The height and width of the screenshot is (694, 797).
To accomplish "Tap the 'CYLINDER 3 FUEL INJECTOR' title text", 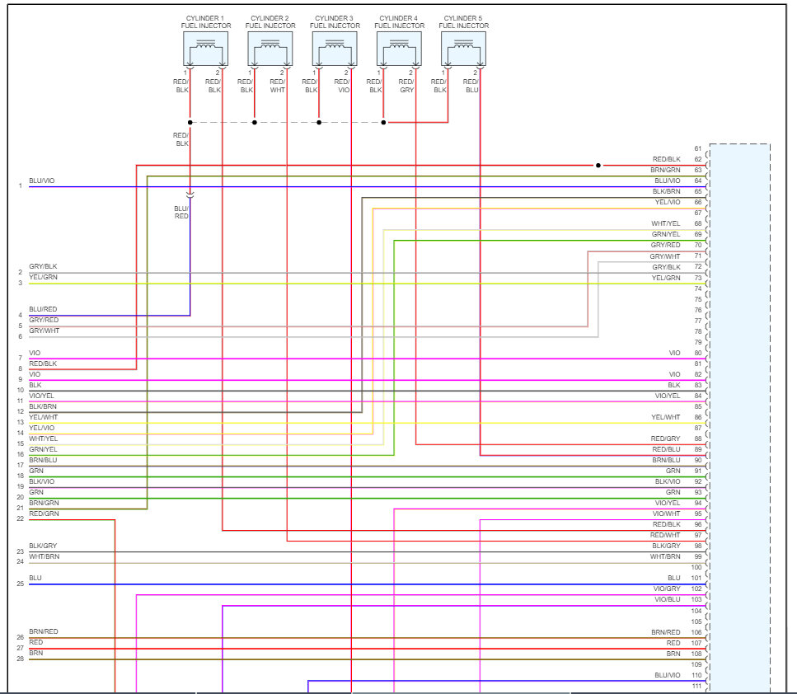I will (x=335, y=21).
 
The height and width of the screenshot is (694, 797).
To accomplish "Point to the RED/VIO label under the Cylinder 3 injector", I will (x=344, y=86).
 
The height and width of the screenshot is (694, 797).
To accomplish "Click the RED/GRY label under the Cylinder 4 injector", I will (x=407, y=86).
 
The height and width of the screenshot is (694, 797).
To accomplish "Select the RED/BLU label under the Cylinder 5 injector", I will (x=471, y=86).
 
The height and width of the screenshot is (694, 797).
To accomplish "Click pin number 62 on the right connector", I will (x=697, y=159).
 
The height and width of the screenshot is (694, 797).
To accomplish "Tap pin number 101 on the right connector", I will (x=696, y=578).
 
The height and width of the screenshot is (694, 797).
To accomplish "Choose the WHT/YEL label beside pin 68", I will (x=666, y=223).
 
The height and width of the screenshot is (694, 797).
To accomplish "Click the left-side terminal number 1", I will (x=20, y=186).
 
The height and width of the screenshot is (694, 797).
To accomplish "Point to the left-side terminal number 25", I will (x=20, y=584).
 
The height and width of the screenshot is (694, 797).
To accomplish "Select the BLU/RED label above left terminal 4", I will (x=44, y=309).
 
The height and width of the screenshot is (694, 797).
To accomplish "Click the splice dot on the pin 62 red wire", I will (x=598, y=165).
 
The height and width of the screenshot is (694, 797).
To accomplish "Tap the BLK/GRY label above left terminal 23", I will (x=43, y=546).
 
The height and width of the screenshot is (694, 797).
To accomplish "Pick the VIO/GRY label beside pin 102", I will (x=667, y=588).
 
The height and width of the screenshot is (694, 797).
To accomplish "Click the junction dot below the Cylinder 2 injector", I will (x=255, y=123).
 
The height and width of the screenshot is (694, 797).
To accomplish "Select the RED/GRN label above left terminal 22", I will (x=44, y=513).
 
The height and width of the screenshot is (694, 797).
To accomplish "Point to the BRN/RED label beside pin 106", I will (x=666, y=631).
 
